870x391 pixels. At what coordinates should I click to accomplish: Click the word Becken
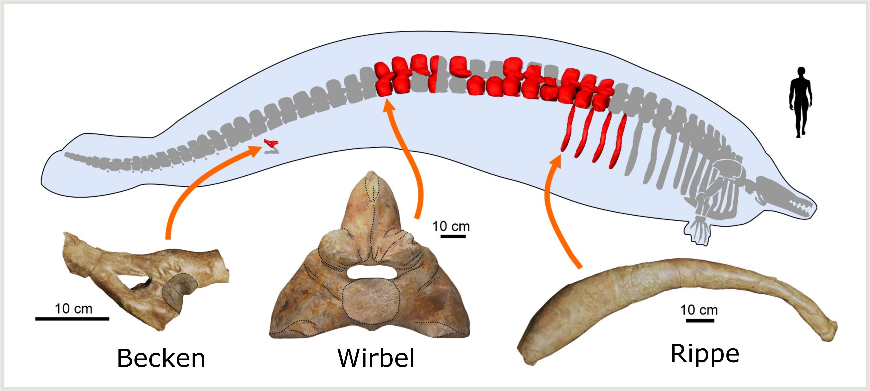pos(161,358)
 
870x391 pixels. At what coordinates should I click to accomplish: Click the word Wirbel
pos(376,358)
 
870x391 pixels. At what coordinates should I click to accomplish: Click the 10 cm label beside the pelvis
pos(74,309)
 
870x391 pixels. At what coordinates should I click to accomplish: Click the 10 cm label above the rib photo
pos(699,310)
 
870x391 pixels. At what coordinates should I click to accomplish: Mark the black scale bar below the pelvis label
pos(72,318)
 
